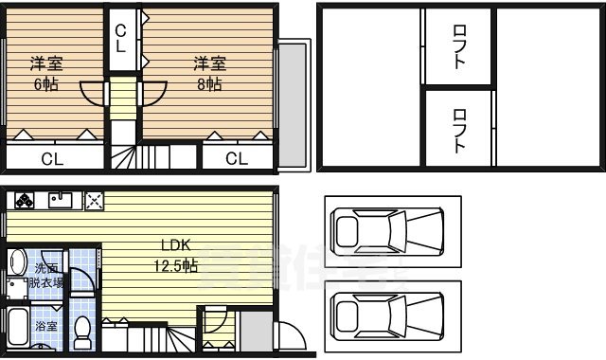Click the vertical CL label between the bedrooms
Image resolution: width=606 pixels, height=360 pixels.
[x=121, y=38]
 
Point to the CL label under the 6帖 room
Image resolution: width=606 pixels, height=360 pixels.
[x=52, y=158]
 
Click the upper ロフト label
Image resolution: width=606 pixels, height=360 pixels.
[x=458, y=45]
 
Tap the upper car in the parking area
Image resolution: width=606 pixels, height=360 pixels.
[x=389, y=230]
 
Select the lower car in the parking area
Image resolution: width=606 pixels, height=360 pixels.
[x=389, y=314]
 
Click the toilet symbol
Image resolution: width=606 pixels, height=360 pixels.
[x=81, y=331]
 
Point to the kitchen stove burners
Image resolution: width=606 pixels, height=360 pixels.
[x=23, y=200]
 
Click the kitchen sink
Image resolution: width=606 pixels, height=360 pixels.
[x=61, y=200]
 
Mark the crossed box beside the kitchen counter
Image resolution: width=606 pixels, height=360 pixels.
[x=94, y=200]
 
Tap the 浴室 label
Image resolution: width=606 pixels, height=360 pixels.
[x=45, y=324]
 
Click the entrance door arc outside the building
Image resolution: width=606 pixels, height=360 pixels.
[x=289, y=337]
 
